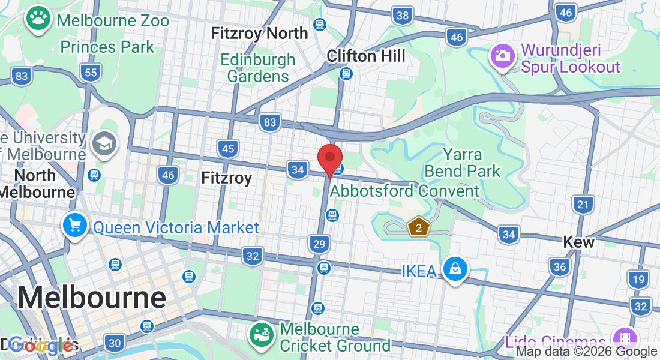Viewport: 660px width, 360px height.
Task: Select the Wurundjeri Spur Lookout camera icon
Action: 503,56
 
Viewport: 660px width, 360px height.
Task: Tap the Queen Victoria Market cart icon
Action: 75,226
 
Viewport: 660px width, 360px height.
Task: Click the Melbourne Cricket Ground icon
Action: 263,337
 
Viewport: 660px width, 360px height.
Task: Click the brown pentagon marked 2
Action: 419,227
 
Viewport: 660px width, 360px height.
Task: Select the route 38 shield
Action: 403,15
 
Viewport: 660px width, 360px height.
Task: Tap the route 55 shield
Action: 91,73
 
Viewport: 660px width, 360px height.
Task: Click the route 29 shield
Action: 319,244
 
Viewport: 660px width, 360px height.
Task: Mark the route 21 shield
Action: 582,205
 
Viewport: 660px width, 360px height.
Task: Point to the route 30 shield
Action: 114,343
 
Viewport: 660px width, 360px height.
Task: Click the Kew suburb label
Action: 578,242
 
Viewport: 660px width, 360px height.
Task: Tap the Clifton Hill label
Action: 366,56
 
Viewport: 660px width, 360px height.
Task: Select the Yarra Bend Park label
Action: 462,163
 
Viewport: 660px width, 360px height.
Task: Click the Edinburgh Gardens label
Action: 257,68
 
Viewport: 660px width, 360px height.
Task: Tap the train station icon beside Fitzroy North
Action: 319,25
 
